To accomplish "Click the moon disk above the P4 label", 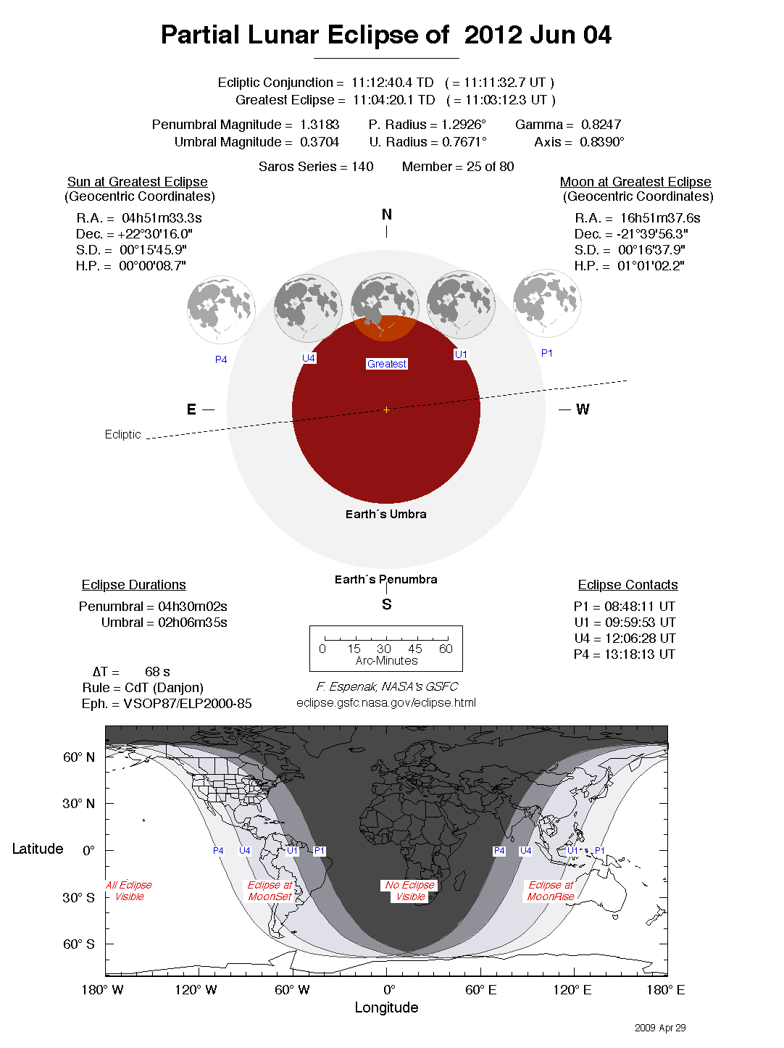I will [221, 309].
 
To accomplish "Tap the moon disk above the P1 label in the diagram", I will [547, 303].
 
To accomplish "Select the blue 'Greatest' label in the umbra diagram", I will [387, 364].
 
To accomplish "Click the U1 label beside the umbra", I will [461, 354].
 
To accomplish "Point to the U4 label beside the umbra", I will [309, 358].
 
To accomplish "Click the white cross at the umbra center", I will [386, 410].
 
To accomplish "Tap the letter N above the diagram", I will [387, 215].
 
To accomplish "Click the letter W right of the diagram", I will [583, 409].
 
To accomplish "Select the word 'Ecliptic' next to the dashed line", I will [122, 434].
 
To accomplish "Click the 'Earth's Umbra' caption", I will [385, 514].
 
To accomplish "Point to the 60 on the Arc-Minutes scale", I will [446, 649].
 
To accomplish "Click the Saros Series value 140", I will [362, 167].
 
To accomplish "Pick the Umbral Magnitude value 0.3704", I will [320, 142].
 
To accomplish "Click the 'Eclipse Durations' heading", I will [133, 585].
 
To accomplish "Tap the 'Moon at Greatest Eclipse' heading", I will [635, 182].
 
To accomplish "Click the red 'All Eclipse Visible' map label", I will [129, 891].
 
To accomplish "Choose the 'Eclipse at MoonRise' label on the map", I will [551, 891].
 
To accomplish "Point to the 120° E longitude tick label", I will [572, 990].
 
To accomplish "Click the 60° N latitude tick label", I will [78, 757].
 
